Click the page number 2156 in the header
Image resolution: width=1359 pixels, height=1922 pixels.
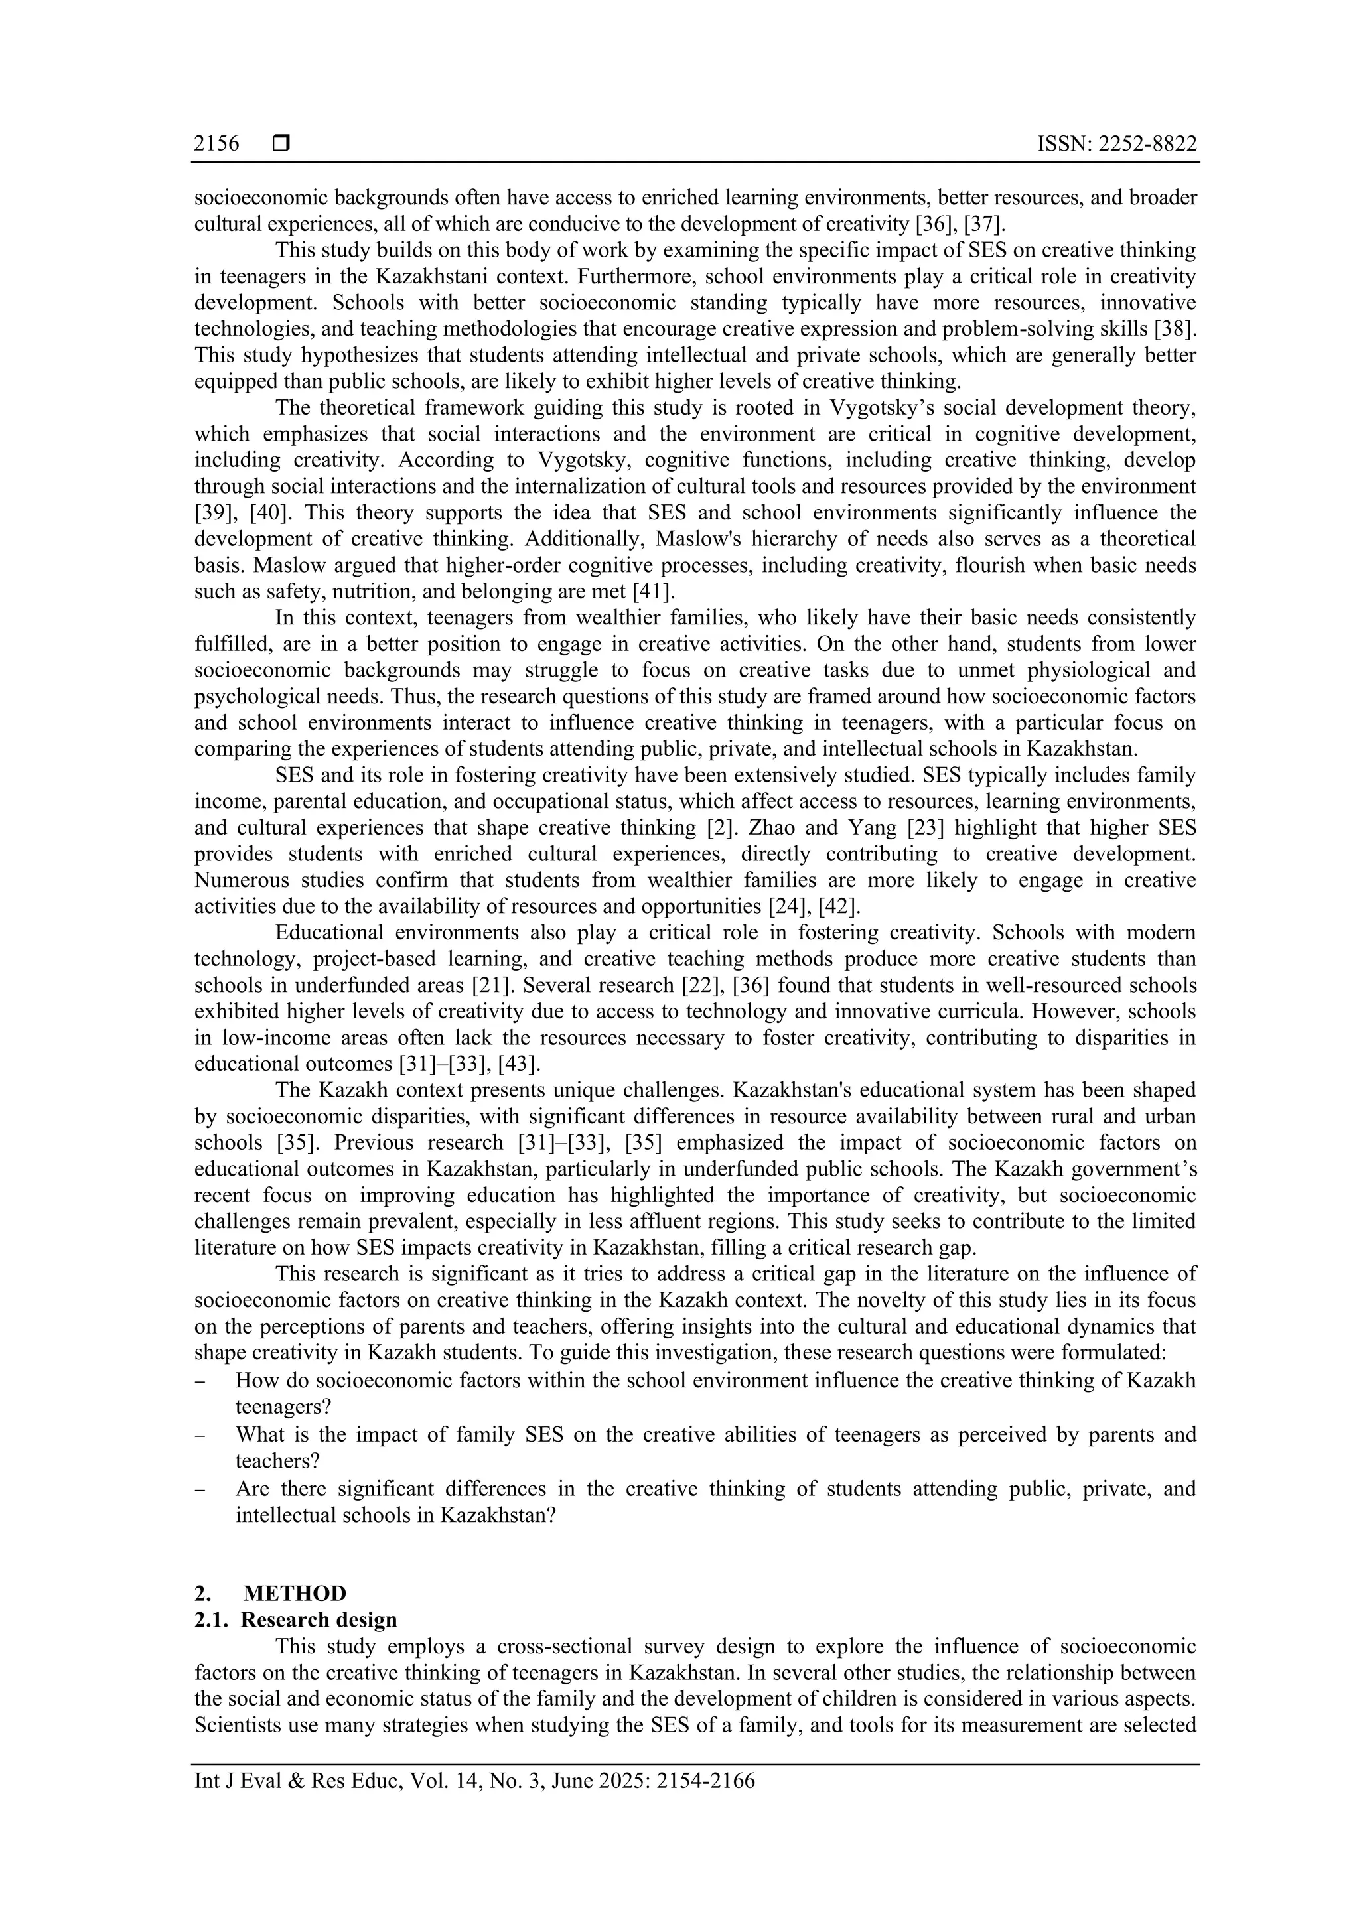216,144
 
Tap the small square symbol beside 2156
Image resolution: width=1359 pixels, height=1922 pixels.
281,144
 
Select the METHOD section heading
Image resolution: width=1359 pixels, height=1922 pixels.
294,1593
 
